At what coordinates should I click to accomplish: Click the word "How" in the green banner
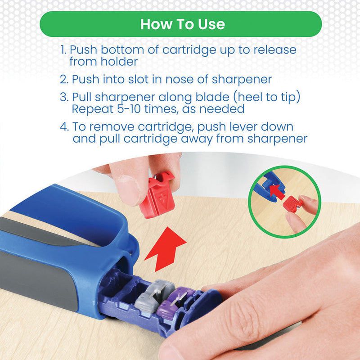tap(156, 24)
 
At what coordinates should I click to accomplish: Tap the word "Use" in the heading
tap(211, 24)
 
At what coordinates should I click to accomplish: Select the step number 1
tap(63, 50)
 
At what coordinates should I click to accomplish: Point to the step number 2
tap(64, 80)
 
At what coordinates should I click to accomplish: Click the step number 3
tap(64, 97)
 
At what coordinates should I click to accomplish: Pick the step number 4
tap(64, 127)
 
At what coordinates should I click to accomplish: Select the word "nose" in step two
tap(179, 80)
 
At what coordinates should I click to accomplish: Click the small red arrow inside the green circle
tap(277, 191)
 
